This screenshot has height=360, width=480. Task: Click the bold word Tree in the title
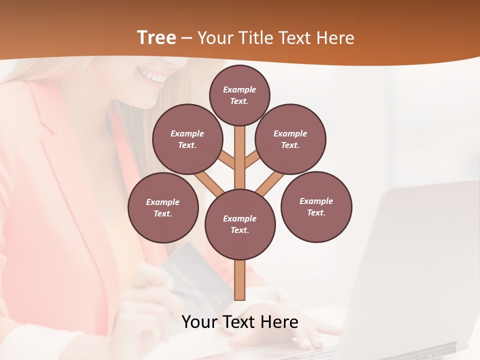click(156, 37)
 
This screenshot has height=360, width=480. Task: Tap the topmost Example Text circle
click(239, 95)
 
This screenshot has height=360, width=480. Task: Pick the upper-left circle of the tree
click(187, 139)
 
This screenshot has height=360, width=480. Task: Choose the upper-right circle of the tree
click(290, 139)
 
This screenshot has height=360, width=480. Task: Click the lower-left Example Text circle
click(163, 207)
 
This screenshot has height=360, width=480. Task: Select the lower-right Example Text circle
click(316, 206)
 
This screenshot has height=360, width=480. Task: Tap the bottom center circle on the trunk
click(240, 224)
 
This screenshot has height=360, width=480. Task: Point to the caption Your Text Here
click(239, 322)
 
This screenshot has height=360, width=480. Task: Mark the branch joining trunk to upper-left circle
click(226, 160)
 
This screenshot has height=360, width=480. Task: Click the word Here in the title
click(335, 38)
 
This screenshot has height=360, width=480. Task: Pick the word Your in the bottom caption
click(199, 322)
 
